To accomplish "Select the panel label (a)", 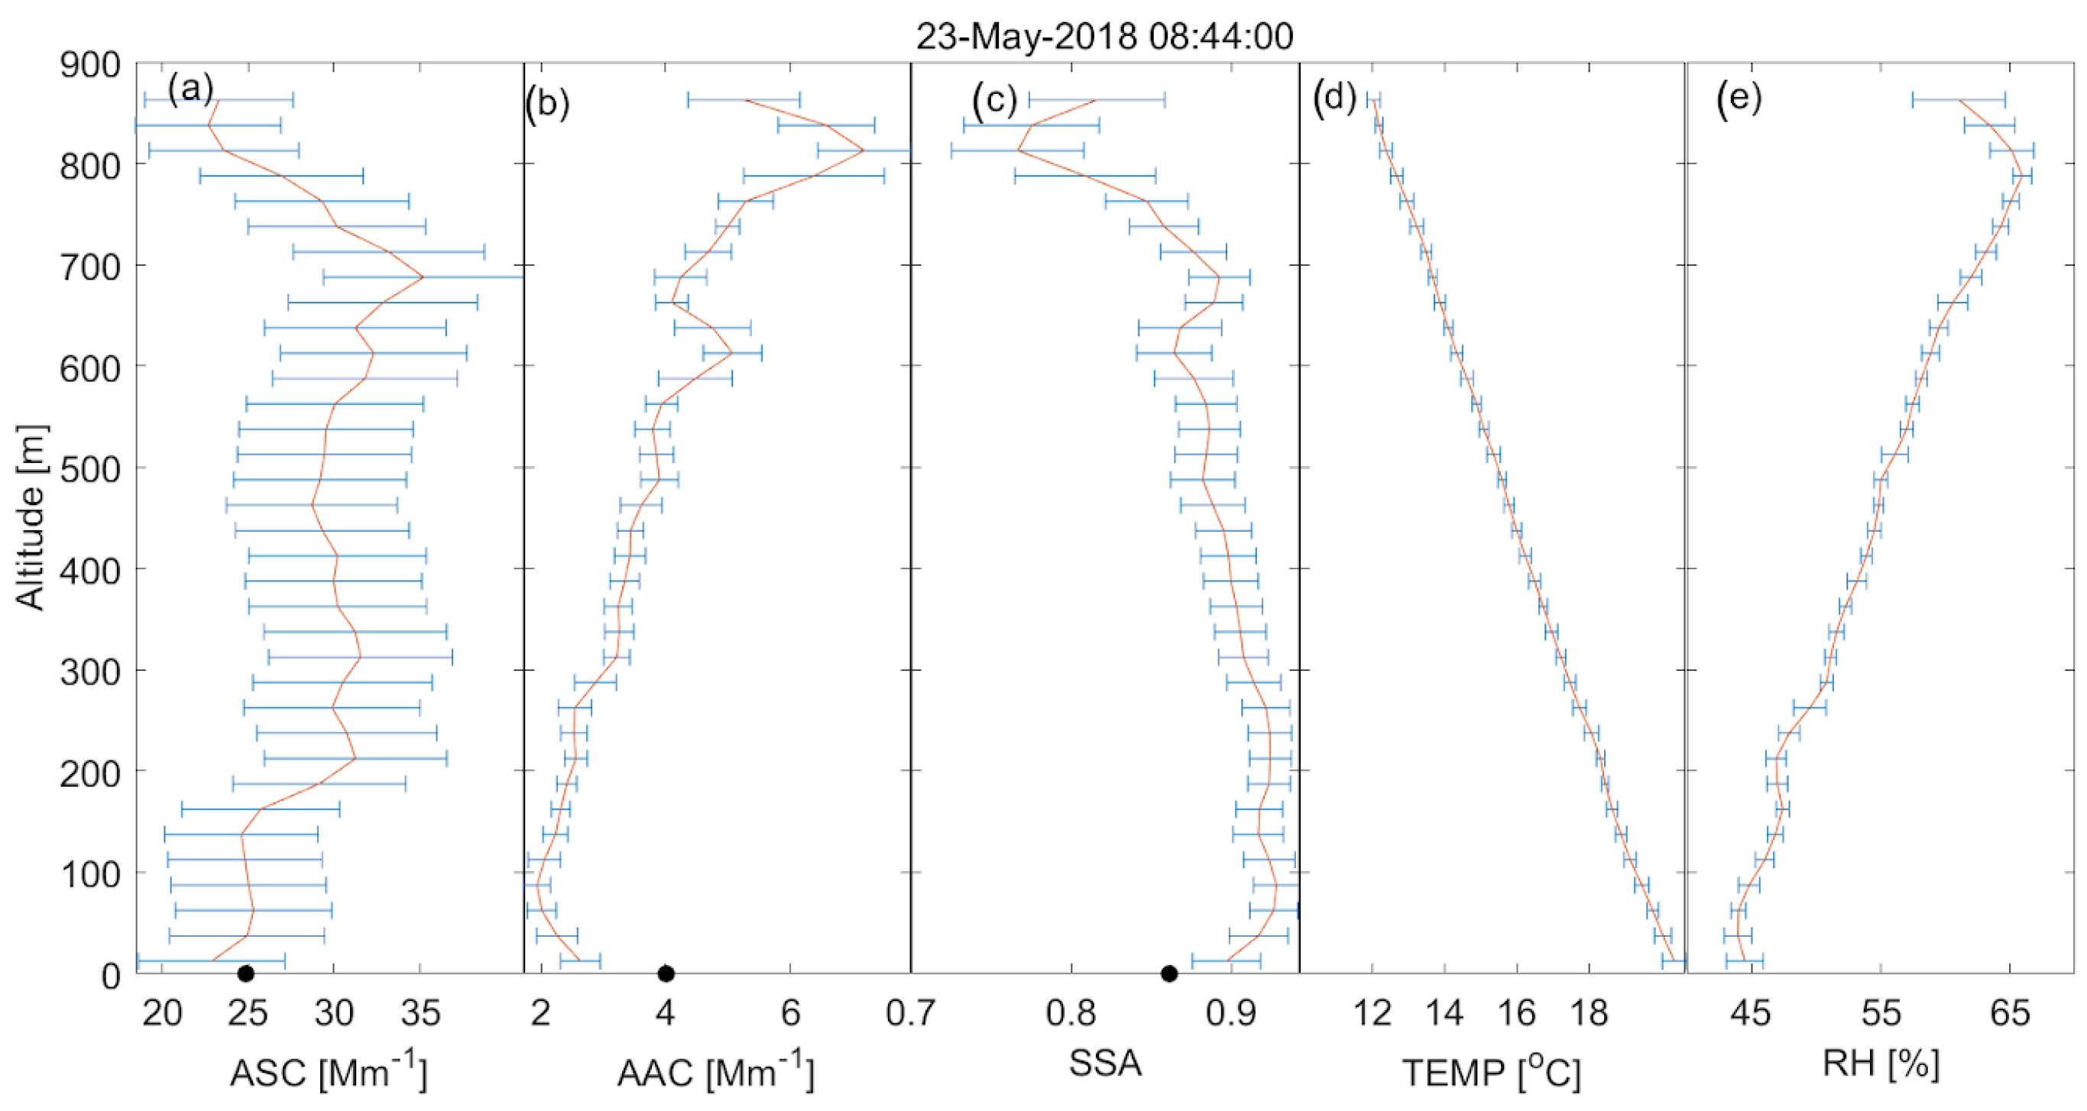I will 190,89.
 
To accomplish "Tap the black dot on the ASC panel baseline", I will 246,973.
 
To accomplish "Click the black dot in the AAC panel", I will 666,973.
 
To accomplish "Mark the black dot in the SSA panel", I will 1169,973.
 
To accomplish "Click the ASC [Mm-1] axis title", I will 328,1072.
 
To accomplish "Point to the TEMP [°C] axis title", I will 1492,1072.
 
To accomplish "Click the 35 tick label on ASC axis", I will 420,1013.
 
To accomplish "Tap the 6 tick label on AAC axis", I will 791,1013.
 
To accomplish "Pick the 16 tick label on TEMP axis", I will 1517,1013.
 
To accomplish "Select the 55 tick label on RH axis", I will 1881,1013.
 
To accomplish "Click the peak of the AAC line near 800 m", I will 864,151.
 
